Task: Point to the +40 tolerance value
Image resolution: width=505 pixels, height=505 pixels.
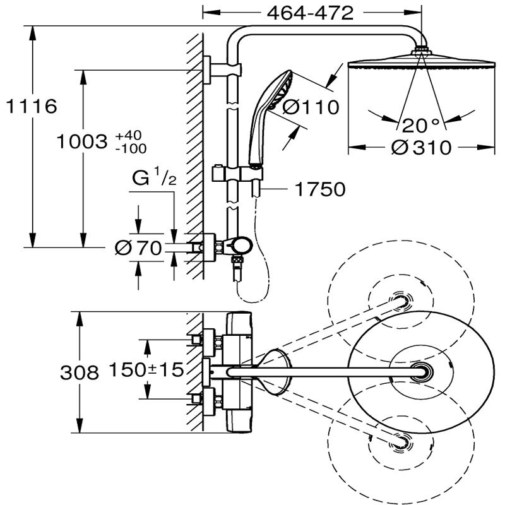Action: (131, 136)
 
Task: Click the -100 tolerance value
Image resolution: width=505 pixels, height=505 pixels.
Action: (131, 149)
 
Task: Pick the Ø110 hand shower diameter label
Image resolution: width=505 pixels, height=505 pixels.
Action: (311, 107)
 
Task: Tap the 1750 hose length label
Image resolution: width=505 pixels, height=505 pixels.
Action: (321, 189)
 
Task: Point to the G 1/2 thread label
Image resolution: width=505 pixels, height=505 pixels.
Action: (154, 179)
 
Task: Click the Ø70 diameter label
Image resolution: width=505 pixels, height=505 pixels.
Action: (138, 249)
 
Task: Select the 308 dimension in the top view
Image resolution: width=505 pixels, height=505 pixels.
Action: (80, 373)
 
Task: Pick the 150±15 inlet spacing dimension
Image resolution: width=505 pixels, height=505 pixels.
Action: (146, 369)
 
